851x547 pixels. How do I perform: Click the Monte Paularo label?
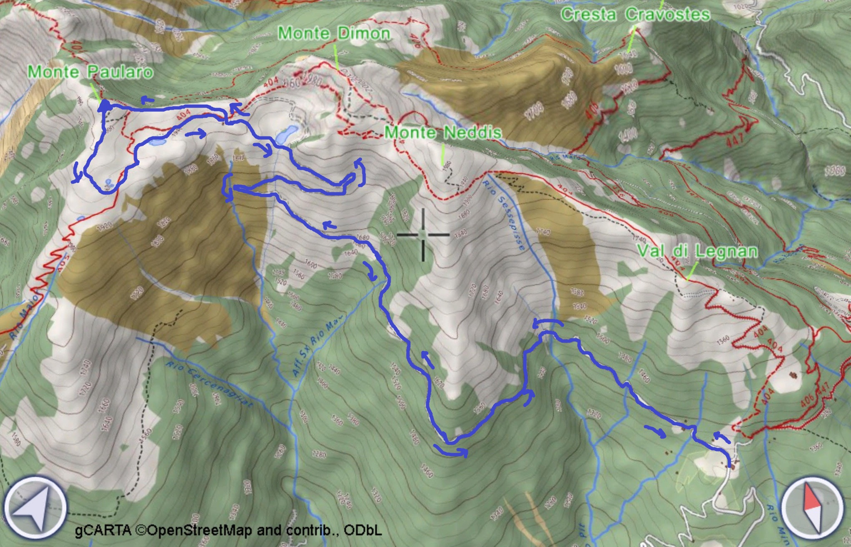click(x=90, y=72)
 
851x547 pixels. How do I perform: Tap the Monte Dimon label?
click(x=334, y=33)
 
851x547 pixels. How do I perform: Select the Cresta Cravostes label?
click(x=635, y=15)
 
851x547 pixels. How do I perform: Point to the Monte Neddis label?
click(x=443, y=133)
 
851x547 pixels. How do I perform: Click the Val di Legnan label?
click(x=697, y=251)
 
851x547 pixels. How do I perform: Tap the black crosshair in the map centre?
click(x=423, y=235)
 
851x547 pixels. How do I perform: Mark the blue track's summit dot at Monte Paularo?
click(x=104, y=106)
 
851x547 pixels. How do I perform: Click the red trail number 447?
click(x=735, y=140)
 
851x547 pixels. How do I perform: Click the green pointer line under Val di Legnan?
click(x=691, y=270)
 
